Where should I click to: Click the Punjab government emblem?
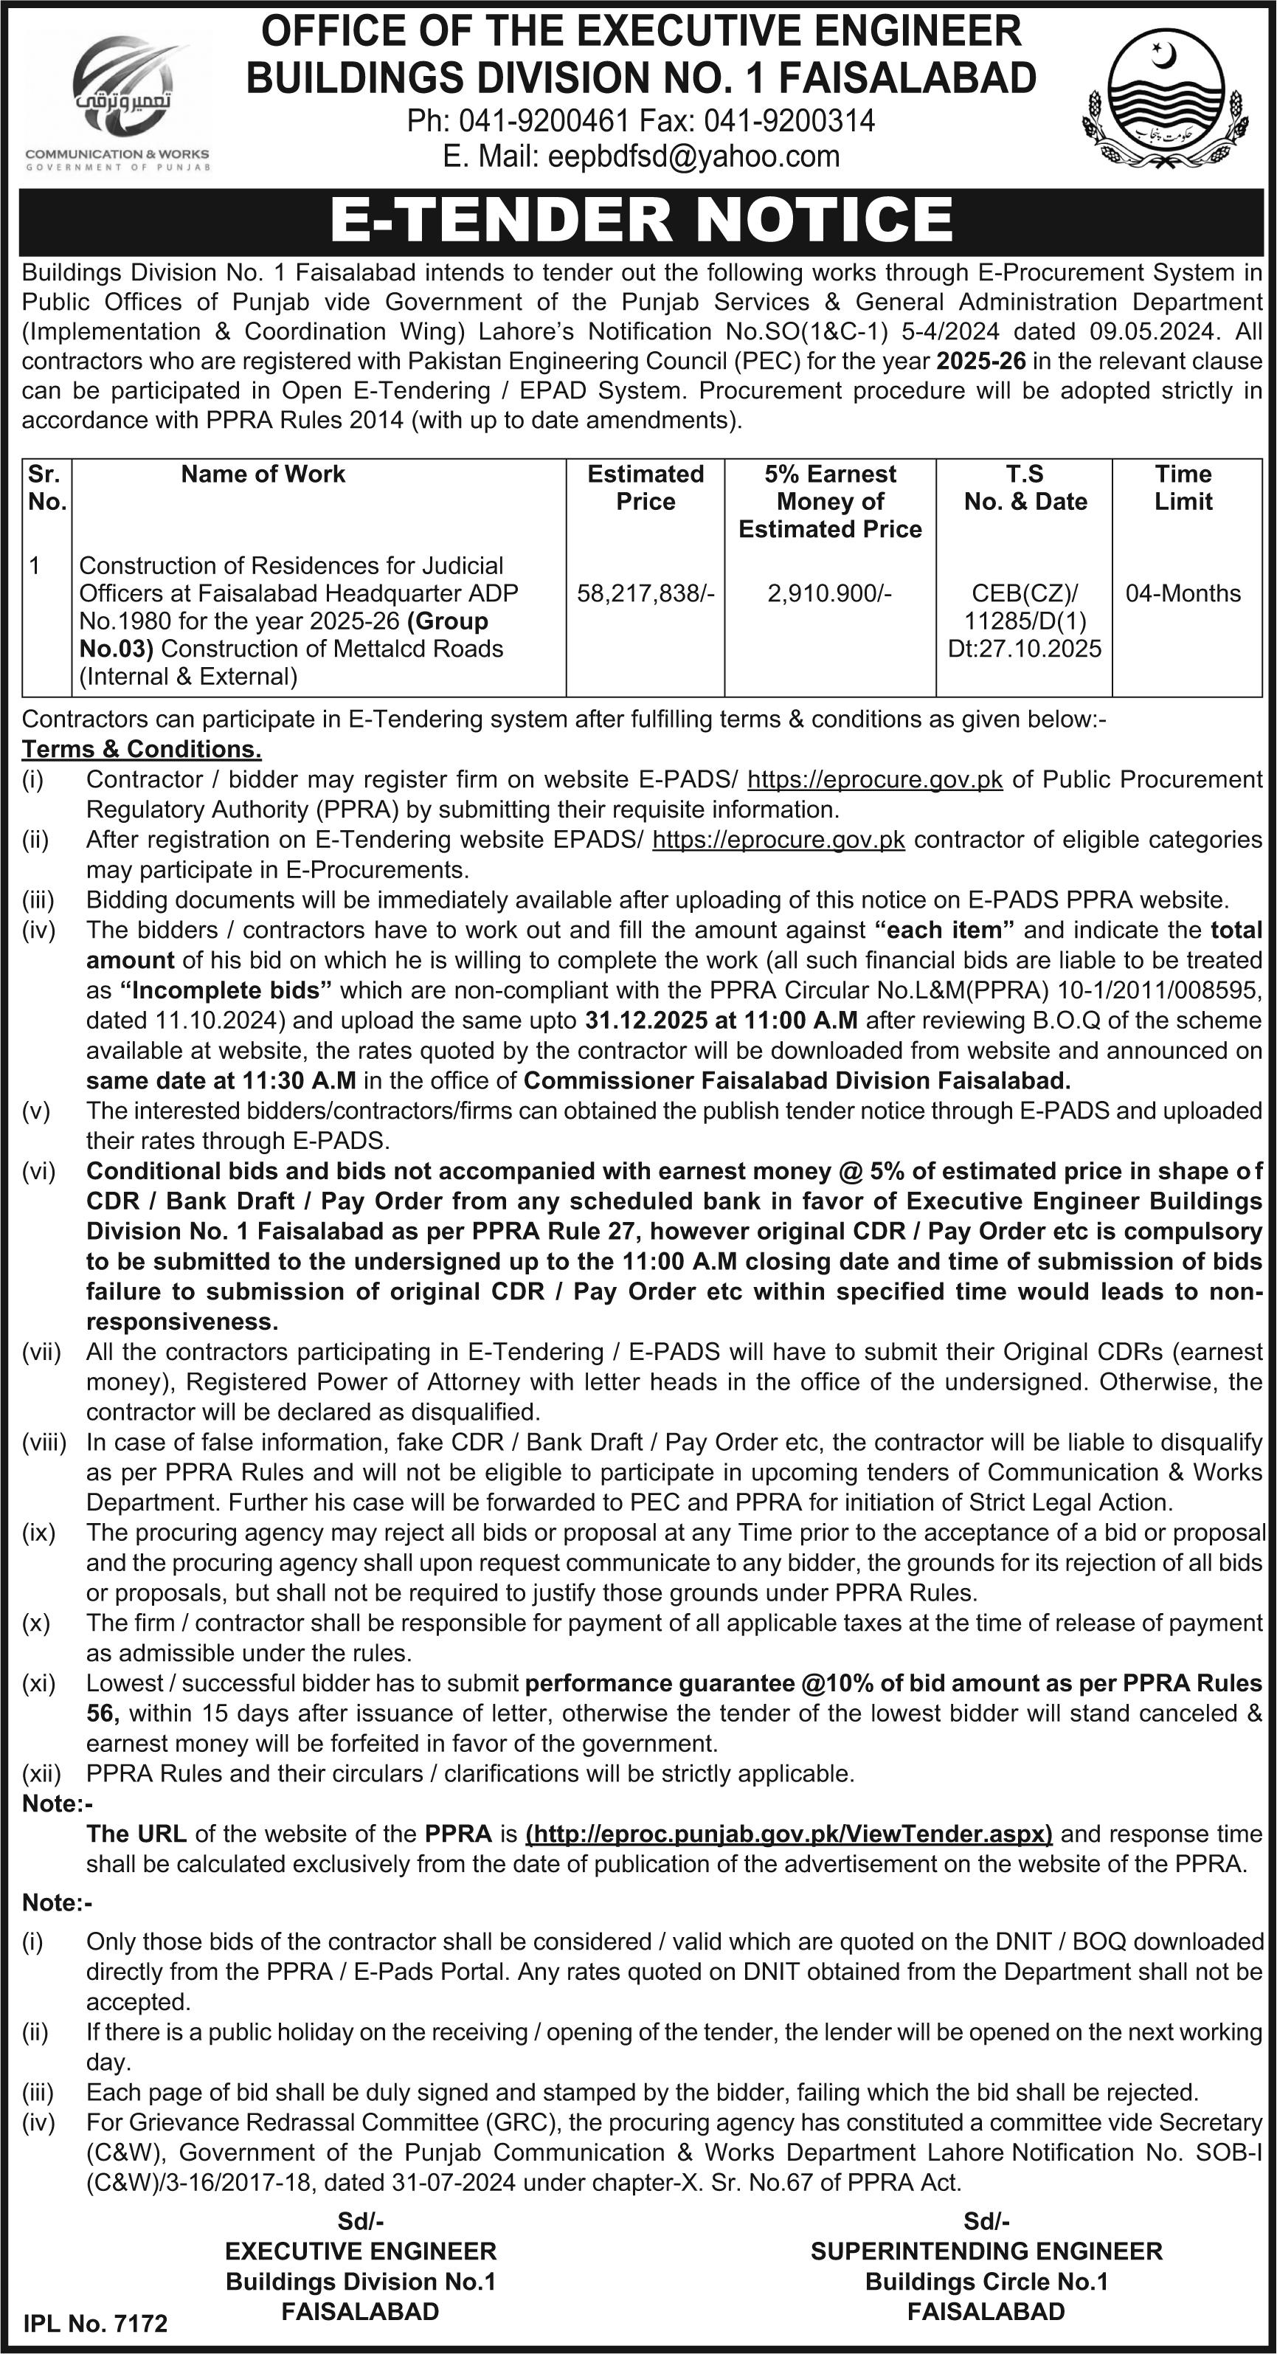point(1162,103)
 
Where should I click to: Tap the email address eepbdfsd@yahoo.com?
point(693,156)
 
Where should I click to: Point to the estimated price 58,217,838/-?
point(645,593)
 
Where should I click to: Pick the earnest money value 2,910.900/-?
point(829,593)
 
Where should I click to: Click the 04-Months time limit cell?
point(1183,593)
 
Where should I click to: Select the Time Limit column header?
point(1183,487)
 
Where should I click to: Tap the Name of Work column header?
point(263,473)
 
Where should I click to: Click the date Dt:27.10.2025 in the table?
point(1025,648)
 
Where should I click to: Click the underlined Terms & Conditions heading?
point(142,748)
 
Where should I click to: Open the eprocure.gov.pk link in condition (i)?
point(874,779)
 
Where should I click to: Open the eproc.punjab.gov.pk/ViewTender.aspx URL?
point(789,1833)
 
